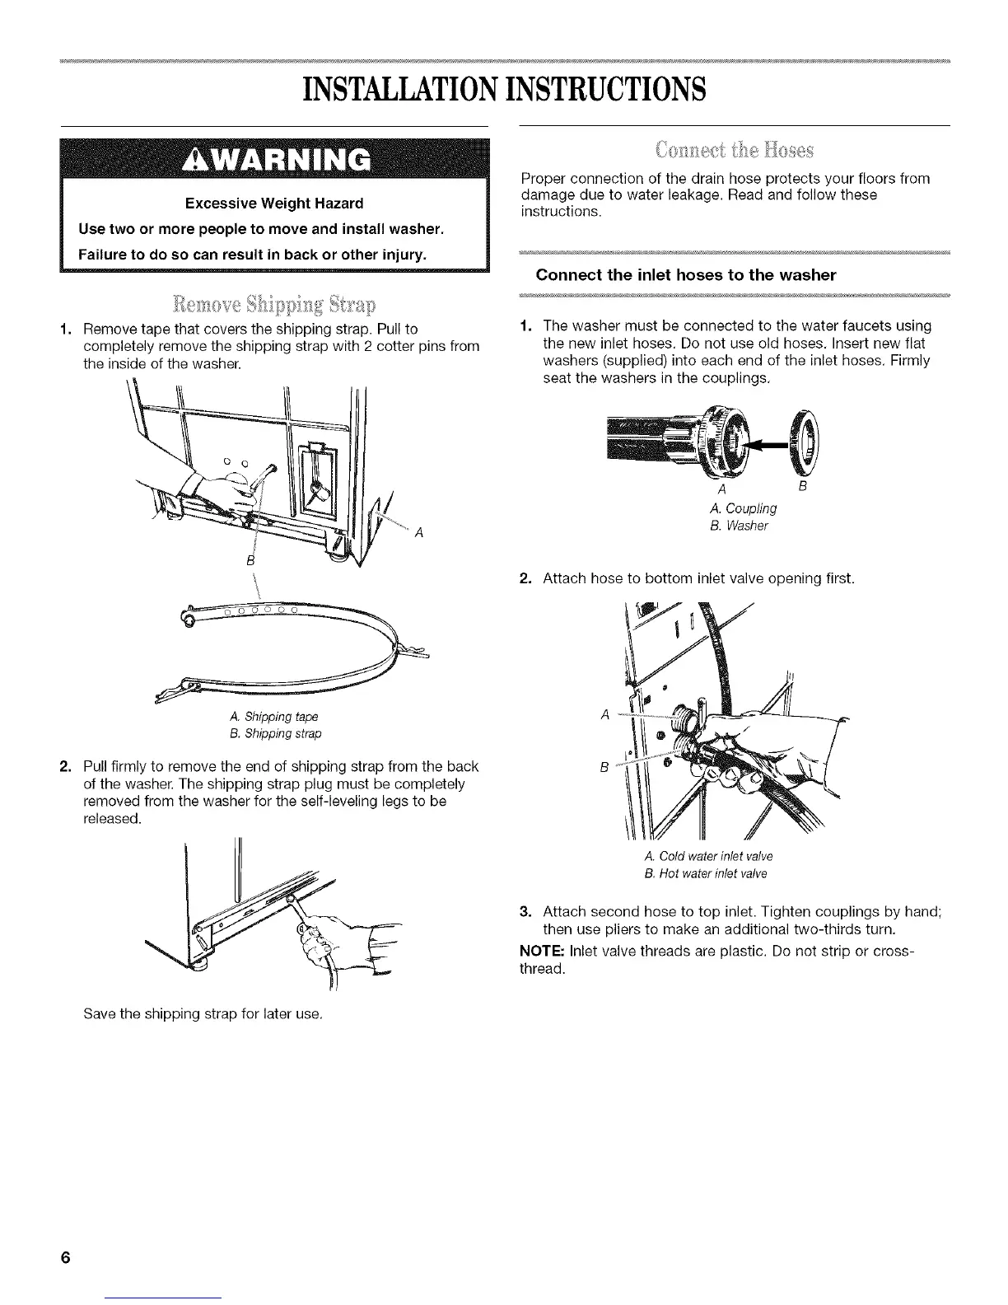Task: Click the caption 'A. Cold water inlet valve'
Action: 711,855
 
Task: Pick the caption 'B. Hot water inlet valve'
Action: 710,873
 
